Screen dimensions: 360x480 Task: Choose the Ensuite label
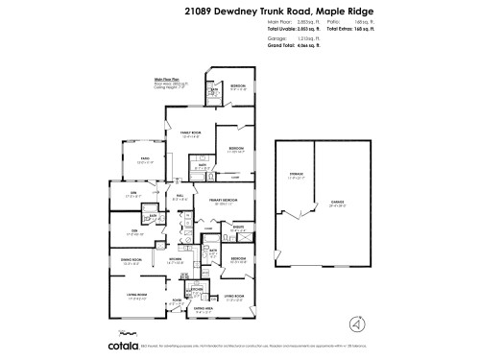tap(238, 228)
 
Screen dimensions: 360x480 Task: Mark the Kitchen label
tap(176, 259)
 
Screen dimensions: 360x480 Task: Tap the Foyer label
tap(178, 301)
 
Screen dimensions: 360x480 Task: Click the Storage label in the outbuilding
tap(296, 175)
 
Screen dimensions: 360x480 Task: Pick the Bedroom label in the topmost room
tap(237, 85)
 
